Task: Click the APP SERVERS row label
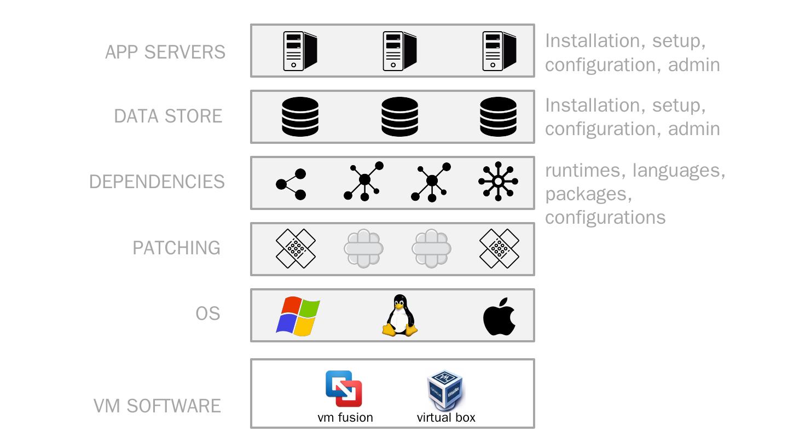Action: point(165,52)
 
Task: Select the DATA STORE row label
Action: point(168,116)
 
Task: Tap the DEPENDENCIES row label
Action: point(157,182)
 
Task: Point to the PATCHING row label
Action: point(176,248)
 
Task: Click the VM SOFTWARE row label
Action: point(157,406)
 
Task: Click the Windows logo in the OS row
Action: point(298,316)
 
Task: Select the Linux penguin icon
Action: point(399,316)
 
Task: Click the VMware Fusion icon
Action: point(344,388)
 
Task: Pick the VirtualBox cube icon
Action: point(445,390)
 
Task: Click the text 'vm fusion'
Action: point(345,417)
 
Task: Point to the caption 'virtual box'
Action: point(446,417)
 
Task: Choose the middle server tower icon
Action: point(399,51)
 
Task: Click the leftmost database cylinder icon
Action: point(300,116)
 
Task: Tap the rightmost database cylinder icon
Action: point(498,116)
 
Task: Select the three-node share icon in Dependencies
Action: point(291,184)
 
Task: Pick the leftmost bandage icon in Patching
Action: point(296,249)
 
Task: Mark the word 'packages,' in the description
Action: point(589,194)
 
